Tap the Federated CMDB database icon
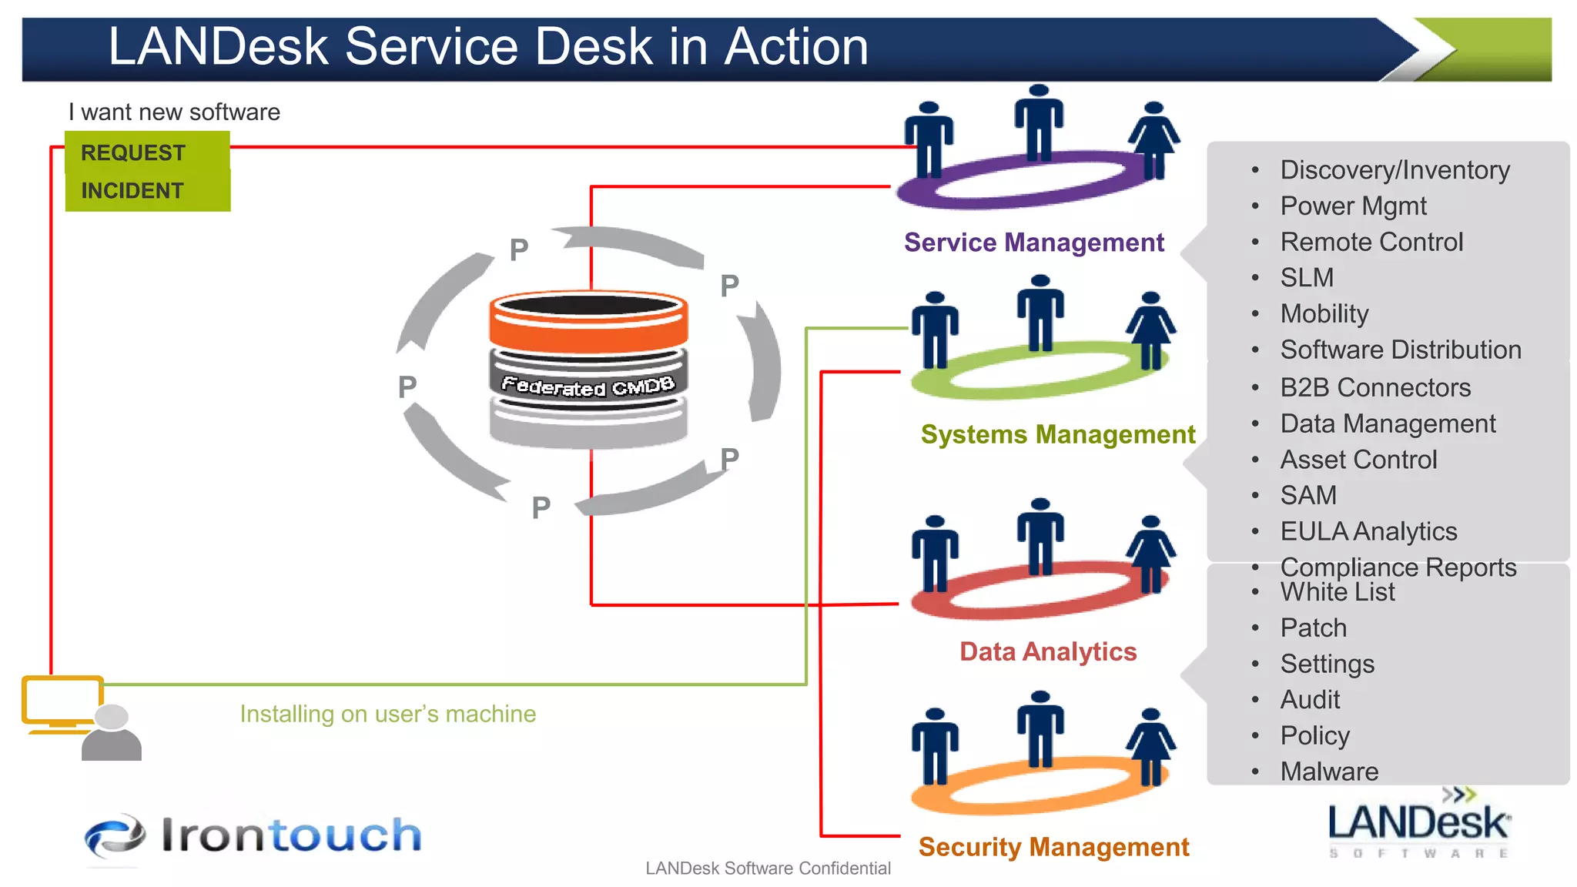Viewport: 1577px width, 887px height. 588,370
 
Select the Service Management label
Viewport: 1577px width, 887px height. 1033,243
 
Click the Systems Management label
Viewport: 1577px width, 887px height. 1057,434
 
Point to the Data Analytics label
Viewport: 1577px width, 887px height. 1047,651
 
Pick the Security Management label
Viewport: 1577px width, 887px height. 1053,847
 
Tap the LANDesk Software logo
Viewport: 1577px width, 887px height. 1418,825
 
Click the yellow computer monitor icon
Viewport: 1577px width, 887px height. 62,702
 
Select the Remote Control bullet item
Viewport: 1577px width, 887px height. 1371,242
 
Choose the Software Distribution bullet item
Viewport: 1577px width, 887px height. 1400,350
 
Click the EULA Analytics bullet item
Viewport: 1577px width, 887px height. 1368,531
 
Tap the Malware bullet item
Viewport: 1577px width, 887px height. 1329,771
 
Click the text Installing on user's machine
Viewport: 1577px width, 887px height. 387,714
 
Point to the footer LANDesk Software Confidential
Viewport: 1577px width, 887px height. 768,869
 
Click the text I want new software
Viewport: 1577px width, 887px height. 174,112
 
